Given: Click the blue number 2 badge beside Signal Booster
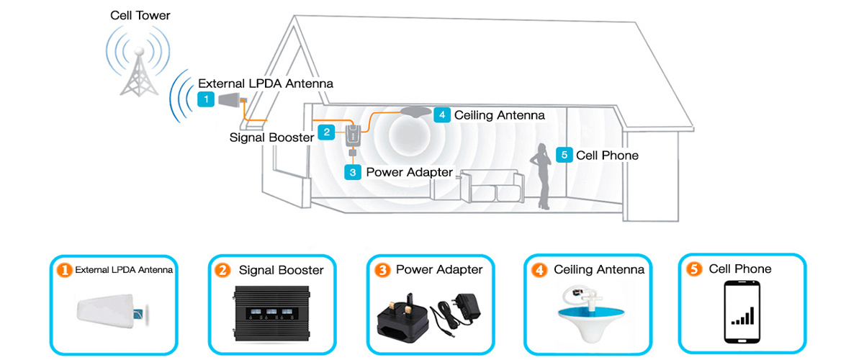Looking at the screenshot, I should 326,132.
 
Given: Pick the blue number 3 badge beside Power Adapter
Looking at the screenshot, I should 353,172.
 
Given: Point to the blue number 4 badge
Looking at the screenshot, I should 442,114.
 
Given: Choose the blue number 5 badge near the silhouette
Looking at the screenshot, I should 564,155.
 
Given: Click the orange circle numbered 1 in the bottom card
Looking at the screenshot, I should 65,270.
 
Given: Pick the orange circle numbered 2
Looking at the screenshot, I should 222,271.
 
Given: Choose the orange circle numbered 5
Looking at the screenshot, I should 694,269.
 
